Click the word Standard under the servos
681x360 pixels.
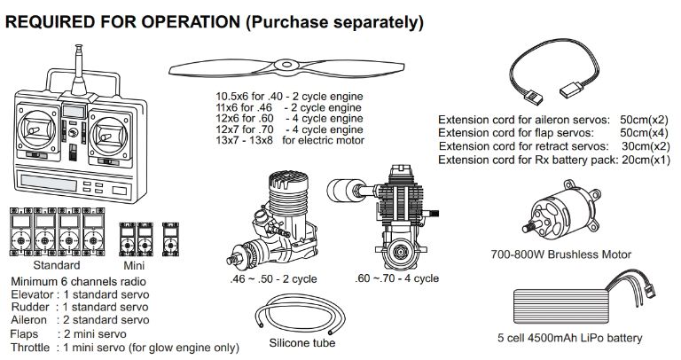pyautogui.click(x=56, y=265)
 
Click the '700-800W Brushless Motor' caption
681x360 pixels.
pyautogui.click(x=560, y=254)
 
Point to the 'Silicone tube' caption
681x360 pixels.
pyautogui.click(x=301, y=342)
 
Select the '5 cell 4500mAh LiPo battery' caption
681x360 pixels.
pyautogui.click(x=569, y=338)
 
